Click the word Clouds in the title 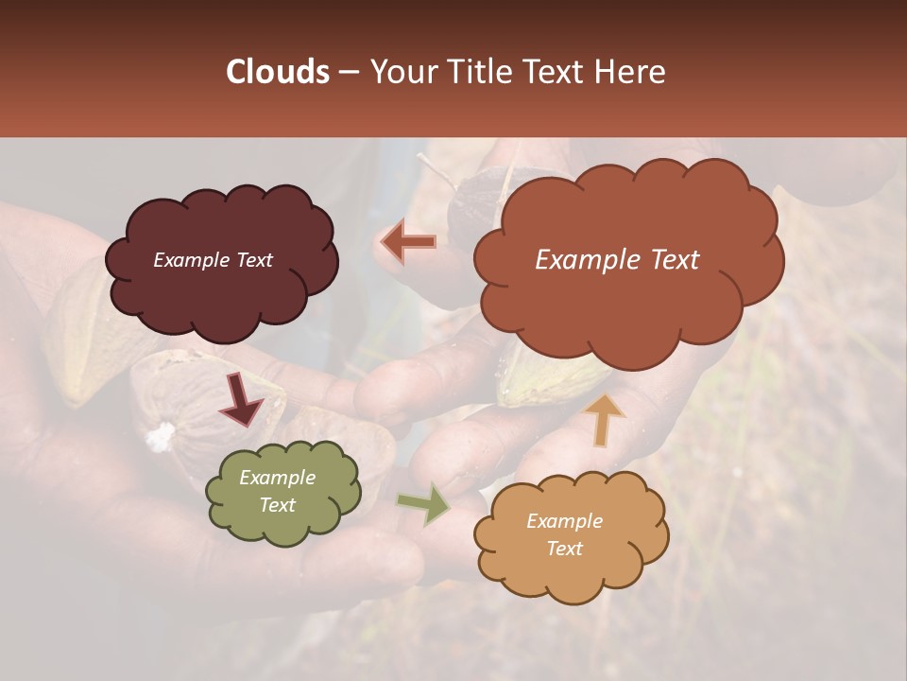[x=277, y=72]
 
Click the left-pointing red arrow [x=408, y=242]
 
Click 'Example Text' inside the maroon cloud [x=213, y=260]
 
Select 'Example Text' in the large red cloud [x=617, y=260]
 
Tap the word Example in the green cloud [x=277, y=478]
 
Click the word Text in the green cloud [x=277, y=505]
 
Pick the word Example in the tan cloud [x=564, y=521]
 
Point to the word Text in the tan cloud [x=564, y=549]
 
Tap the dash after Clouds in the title [x=349, y=73]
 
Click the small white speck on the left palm [x=161, y=435]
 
